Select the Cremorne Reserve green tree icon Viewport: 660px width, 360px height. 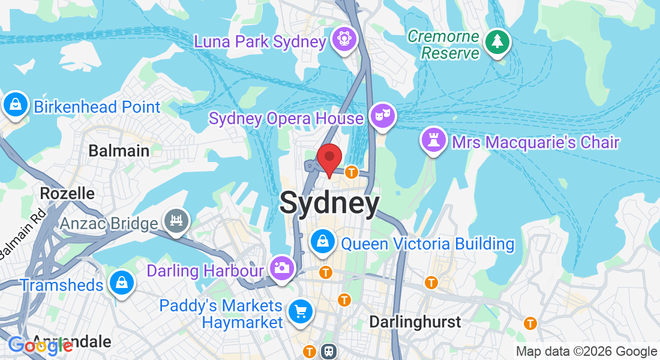[497, 41]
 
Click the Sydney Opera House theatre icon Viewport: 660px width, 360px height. [380, 115]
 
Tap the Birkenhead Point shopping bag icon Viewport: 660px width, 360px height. [14, 104]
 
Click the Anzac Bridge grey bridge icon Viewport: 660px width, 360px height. [177, 220]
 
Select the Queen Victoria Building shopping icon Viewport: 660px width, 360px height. [323, 241]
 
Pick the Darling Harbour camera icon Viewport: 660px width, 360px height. [281, 268]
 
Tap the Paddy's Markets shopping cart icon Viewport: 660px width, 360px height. [299, 311]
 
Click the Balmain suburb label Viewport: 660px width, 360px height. [119, 150]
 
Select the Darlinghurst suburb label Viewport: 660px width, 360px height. [415, 322]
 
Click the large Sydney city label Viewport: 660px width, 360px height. [329, 203]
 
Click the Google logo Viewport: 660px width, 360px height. [40, 345]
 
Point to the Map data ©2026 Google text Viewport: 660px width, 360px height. [586, 352]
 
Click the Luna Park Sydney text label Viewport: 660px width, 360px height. [260, 41]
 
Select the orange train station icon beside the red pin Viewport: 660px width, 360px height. [352, 173]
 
